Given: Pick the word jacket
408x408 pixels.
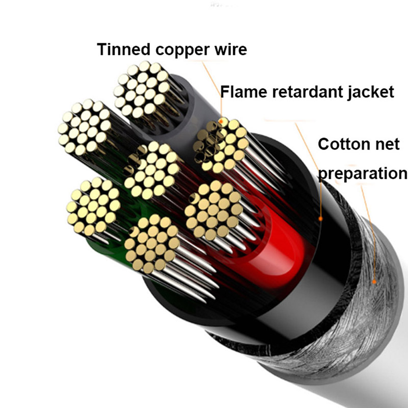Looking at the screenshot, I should [x=370, y=92].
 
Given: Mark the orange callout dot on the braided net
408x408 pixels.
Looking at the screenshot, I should [x=375, y=280].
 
